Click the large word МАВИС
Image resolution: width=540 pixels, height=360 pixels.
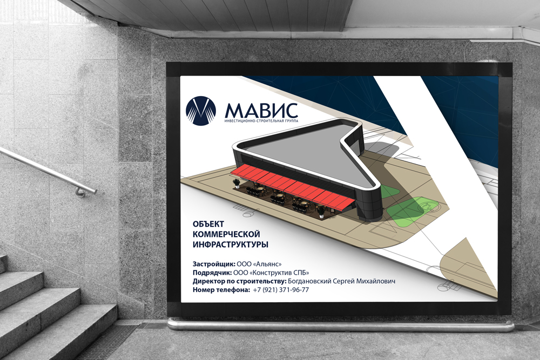[x=261, y=110]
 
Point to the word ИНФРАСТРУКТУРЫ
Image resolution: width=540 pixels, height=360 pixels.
[x=231, y=244]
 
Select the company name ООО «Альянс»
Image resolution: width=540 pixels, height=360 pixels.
[x=259, y=264]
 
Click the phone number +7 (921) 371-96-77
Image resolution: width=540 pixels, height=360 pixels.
[x=281, y=290]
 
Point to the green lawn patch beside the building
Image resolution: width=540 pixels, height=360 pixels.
[x=404, y=212]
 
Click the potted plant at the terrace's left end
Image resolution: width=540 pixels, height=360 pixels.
[x=237, y=183]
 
